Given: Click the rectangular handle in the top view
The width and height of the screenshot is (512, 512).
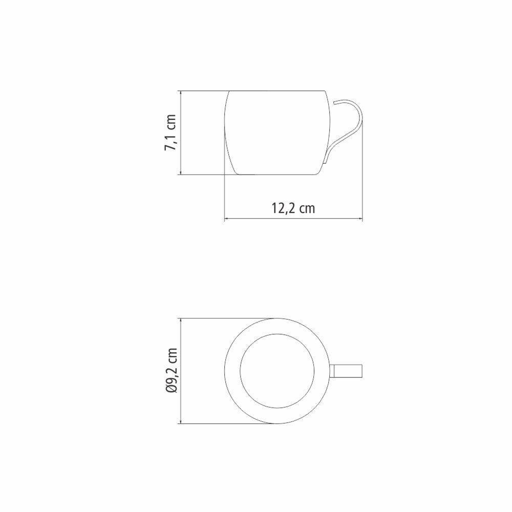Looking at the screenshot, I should pyautogui.click(x=348, y=370).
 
